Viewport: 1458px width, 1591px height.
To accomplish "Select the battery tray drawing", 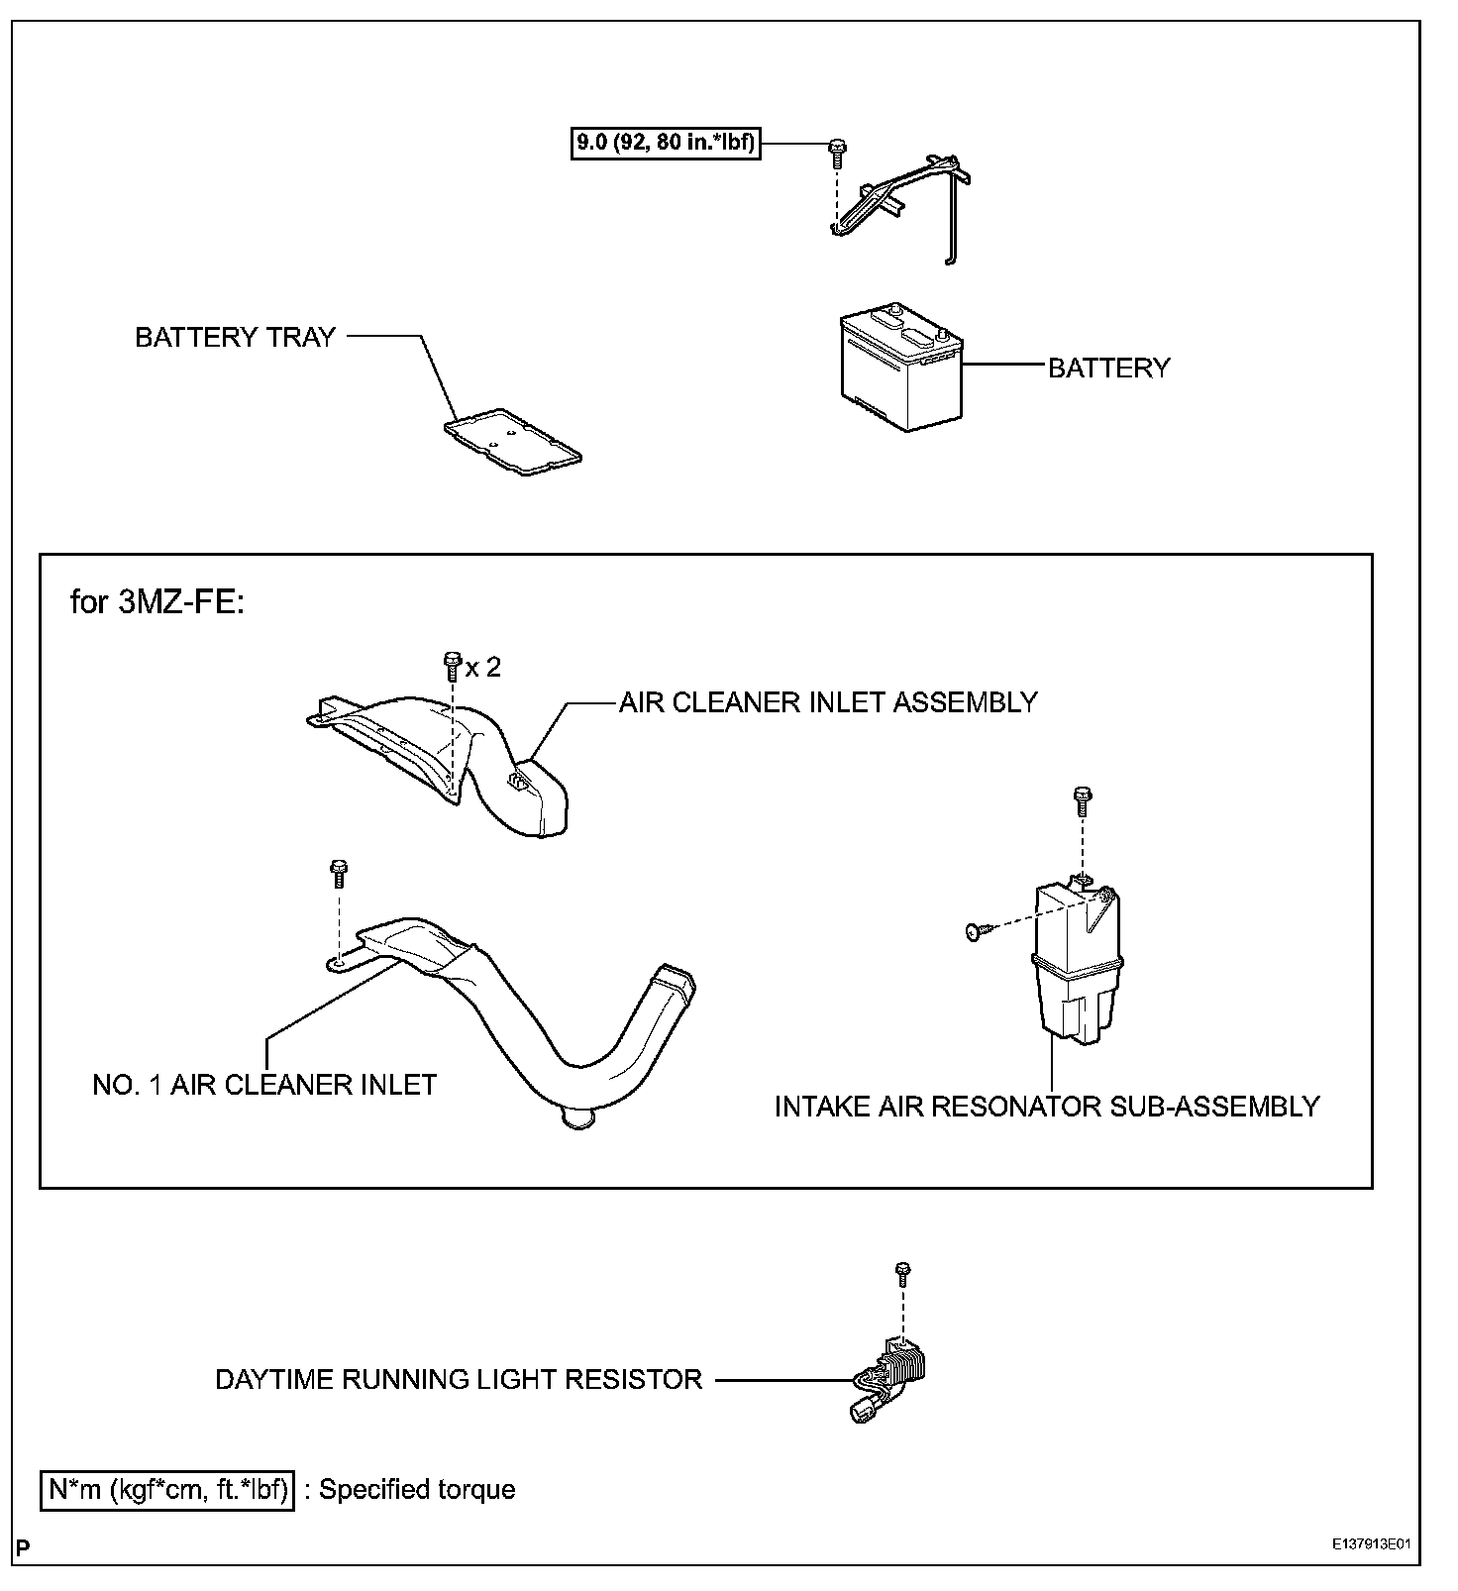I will [x=511, y=442].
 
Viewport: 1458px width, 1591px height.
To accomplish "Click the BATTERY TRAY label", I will [x=236, y=337].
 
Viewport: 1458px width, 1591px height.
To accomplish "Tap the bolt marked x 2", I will [x=452, y=662].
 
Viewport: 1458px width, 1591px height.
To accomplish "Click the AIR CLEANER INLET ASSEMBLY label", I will [x=828, y=702].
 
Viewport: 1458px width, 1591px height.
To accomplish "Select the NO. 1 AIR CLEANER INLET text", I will [x=264, y=1085].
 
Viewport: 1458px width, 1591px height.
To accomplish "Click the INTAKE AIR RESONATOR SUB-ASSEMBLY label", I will [x=1047, y=1107].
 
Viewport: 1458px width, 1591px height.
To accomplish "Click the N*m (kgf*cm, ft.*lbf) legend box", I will [x=167, y=1490].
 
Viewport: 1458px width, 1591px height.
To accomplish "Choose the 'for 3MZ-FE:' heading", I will [x=156, y=601].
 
